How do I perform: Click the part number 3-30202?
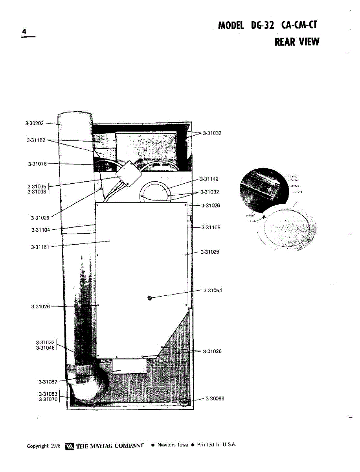[x=35, y=123]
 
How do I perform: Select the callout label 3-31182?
[x=36, y=140]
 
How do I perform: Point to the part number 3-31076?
[x=37, y=164]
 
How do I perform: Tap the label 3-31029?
[x=40, y=218]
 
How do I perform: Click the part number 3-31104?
[x=40, y=230]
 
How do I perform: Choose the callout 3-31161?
[x=40, y=247]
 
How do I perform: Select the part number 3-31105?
[x=211, y=227]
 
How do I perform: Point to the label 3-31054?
[x=213, y=290]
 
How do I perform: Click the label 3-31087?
[x=48, y=382]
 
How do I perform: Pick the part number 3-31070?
[x=48, y=399]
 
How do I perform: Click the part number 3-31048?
[x=46, y=347]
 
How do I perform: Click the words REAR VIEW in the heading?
[x=297, y=42]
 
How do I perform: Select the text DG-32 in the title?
[x=262, y=26]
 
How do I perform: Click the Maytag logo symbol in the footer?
[x=70, y=446]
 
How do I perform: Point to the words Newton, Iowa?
[x=173, y=445]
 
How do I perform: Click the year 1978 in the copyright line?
[x=55, y=446]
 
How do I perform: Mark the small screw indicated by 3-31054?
[x=149, y=298]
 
